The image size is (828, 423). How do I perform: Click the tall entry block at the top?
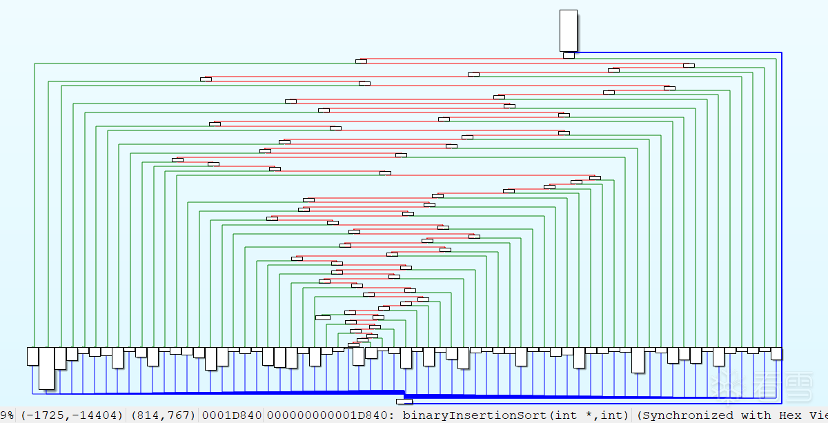(x=568, y=30)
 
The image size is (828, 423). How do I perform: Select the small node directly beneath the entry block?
(x=569, y=55)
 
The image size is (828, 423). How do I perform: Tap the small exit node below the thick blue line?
(x=404, y=401)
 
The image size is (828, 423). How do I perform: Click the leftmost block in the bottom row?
(x=32, y=355)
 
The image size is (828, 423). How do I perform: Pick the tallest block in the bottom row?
(x=46, y=368)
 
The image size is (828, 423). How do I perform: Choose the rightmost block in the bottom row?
(x=776, y=353)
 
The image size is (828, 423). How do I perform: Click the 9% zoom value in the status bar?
(x=7, y=415)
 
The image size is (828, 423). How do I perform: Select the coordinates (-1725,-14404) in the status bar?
(x=72, y=415)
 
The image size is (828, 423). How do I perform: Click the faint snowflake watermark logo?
(x=731, y=385)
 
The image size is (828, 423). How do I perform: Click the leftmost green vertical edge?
(x=34, y=207)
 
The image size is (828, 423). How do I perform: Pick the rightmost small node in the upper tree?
(x=689, y=66)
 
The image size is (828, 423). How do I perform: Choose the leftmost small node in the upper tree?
(x=177, y=160)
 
